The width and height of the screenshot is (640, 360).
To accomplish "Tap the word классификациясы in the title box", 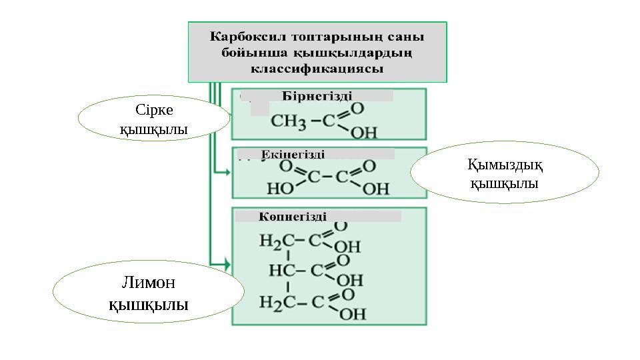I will click(317, 68).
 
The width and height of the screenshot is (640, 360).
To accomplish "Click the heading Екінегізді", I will click(293, 154).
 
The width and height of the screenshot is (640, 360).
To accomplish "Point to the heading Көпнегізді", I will click(293, 216).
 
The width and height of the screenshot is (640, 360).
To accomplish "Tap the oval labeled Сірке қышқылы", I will click(153, 119).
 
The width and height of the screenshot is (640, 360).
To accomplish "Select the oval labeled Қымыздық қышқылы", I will click(504, 172).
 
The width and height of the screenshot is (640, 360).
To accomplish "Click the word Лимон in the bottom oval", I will click(148, 283).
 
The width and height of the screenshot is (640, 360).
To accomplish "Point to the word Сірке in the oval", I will click(153, 109).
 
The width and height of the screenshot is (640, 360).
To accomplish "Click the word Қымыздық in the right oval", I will click(504, 163).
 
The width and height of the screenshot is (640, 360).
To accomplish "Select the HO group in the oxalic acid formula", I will click(281, 189).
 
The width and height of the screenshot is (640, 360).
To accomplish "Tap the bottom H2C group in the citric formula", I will click(275, 304).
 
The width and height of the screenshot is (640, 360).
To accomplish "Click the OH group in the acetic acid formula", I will click(364, 133).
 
